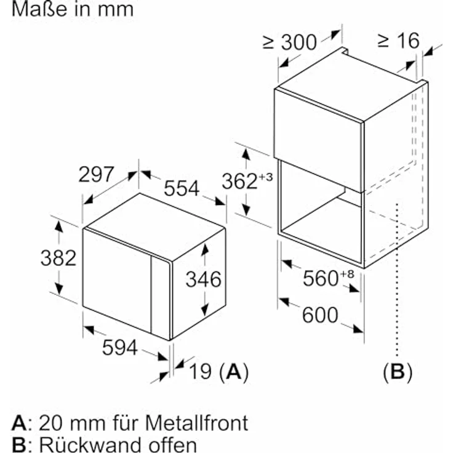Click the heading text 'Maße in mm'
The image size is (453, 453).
68,9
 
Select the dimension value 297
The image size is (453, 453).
96,174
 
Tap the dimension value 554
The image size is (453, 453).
182,188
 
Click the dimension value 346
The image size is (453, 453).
203,279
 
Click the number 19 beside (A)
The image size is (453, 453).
199,371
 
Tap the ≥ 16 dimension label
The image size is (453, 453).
398,41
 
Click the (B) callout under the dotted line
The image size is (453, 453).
398,372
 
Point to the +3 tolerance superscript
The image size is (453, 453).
265,177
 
